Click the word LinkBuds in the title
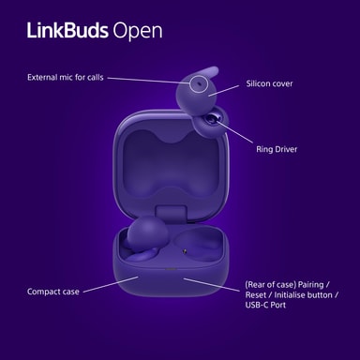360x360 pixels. (67, 31)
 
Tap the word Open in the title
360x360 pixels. (138, 32)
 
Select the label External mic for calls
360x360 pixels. (66, 77)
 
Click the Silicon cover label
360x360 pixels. (269, 83)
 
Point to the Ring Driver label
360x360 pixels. (277, 149)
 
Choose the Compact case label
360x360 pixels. (53, 292)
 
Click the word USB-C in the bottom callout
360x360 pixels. (257, 305)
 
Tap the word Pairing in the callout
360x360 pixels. (310, 285)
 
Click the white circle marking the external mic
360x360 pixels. (200, 83)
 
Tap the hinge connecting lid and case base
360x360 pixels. (171, 211)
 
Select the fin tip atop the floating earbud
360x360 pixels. (214, 70)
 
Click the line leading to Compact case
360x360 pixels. (111, 284)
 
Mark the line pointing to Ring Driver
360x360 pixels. (234, 132)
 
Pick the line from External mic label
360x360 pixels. (149, 81)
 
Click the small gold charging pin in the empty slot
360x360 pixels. (185, 250)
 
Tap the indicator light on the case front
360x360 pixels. (171, 269)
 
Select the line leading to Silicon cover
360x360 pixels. (224, 91)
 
